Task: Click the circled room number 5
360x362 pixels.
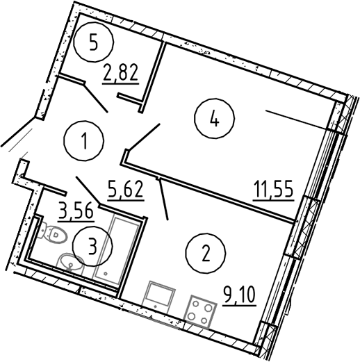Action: click(x=94, y=42)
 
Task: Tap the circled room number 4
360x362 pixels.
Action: click(x=214, y=119)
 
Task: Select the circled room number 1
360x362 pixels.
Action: click(x=84, y=140)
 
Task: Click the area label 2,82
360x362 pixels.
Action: click(x=120, y=73)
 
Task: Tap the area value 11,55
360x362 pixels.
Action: click(x=274, y=190)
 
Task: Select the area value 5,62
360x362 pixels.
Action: click(x=125, y=190)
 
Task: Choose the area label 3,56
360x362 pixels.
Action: click(x=76, y=211)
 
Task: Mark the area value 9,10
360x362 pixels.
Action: click(x=239, y=296)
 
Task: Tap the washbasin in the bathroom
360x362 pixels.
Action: click(x=69, y=264)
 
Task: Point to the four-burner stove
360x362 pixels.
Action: click(x=200, y=312)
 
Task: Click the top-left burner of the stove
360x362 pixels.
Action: click(x=196, y=304)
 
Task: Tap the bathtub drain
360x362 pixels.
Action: click(x=106, y=273)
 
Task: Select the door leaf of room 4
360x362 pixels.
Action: click(x=144, y=137)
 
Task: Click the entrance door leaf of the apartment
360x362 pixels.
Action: click(x=18, y=132)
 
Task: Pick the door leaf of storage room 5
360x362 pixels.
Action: click(x=95, y=98)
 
